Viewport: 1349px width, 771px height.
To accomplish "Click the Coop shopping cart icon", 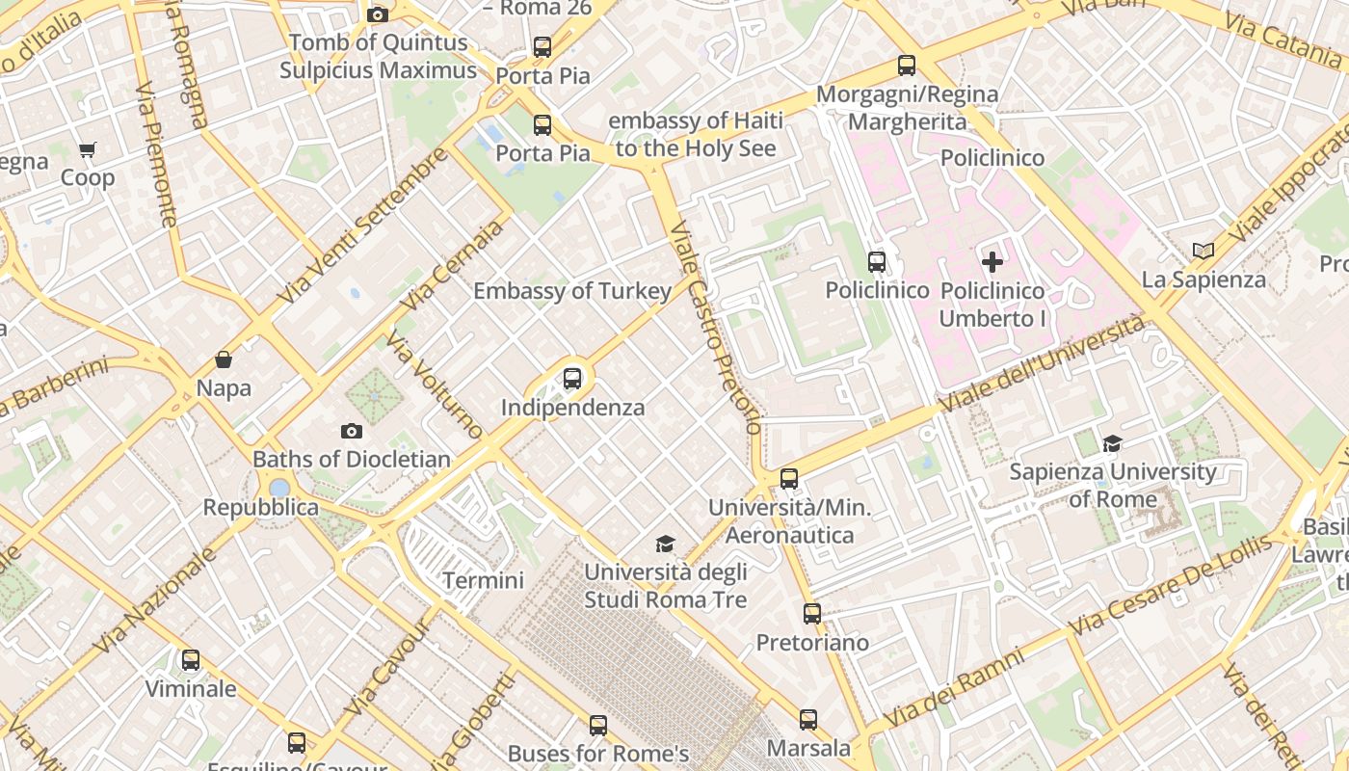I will click(88, 149).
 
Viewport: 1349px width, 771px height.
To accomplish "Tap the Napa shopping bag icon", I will click(224, 359).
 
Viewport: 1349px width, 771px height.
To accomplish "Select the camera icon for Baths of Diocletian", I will click(352, 431).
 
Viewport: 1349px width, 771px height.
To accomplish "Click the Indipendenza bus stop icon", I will click(572, 378).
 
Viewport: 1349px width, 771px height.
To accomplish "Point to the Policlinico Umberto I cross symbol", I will click(992, 261).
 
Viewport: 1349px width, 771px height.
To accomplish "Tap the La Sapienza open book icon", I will click(1203, 251).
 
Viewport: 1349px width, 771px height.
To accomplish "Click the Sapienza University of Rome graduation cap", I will click(1113, 443).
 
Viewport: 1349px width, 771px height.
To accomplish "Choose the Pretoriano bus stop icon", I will click(812, 613).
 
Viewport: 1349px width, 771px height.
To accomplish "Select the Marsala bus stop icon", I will click(808, 719).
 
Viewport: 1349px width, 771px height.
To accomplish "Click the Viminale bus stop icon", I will click(191, 660).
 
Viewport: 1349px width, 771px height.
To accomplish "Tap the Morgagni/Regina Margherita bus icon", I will click(907, 66).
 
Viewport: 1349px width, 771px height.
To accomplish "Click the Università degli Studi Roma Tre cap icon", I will click(665, 545).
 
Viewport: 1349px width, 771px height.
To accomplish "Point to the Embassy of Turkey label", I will click(572, 291).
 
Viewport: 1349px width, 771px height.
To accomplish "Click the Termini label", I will click(483, 580).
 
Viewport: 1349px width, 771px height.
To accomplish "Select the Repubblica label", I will click(260, 508).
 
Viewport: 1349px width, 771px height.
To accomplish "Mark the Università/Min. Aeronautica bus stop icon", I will click(789, 478).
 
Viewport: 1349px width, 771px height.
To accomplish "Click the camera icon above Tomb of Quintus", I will click(378, 14).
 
